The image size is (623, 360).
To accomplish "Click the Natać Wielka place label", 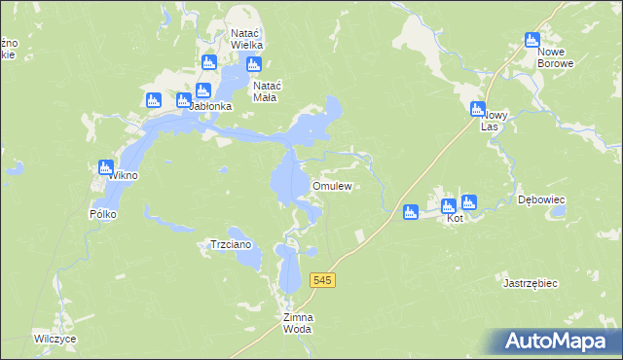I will point(247,38).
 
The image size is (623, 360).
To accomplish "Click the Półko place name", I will point(103,213).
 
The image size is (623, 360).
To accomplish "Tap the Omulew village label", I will point(331,186).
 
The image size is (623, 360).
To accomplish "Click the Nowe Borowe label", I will point(557,57).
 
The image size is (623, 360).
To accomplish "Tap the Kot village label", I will point(454,219).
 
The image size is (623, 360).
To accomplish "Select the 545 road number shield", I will point(324,280).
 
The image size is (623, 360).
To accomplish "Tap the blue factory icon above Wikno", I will point(106,167).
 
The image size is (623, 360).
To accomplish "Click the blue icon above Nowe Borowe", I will point(531,40).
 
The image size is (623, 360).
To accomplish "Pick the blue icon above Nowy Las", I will point(477,109).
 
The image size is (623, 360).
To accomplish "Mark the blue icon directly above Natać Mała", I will point(254,65).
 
